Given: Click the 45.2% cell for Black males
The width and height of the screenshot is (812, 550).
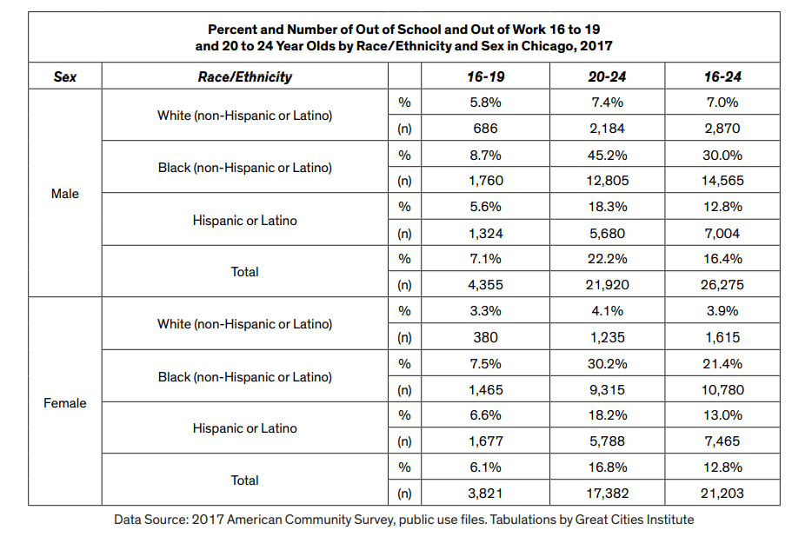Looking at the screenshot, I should click(x=607, y=155).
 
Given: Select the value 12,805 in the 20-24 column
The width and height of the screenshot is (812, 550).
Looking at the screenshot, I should click(x=607, y=181).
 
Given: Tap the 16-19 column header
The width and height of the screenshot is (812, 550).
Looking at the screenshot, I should click(x=485, y=76).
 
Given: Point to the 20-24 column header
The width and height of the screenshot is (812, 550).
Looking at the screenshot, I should click(x=607, y=76).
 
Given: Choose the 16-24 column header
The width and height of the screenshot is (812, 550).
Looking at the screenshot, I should click(x=722, y=76).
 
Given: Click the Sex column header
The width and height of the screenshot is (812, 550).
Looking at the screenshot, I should click(x=65, y=76).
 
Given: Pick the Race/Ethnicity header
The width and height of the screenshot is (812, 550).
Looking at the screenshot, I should click(x=245, y=76).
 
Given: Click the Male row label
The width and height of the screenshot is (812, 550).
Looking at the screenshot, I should click(x=65, y=194).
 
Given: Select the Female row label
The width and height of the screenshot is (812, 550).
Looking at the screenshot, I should click(x=65, y=403).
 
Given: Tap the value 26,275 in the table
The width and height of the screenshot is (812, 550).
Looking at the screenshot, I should click(x=722, y=285).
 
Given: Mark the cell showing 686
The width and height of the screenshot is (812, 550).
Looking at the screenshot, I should click(x=485, y=129).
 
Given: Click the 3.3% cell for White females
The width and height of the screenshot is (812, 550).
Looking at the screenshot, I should click(x=485, y=310).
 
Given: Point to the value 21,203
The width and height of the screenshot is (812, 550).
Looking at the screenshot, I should click(x=722, y=493).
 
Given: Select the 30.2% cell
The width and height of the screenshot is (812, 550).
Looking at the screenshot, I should click(x=607, y=362).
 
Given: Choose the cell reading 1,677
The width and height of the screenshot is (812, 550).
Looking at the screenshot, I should click(x=485, y=441).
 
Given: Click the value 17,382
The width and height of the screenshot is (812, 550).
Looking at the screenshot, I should click(x=607, y=493).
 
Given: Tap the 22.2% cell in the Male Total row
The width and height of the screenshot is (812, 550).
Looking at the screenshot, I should click(x=607, y=258).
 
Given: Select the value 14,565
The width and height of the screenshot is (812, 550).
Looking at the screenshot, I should click(x=722, y=181).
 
